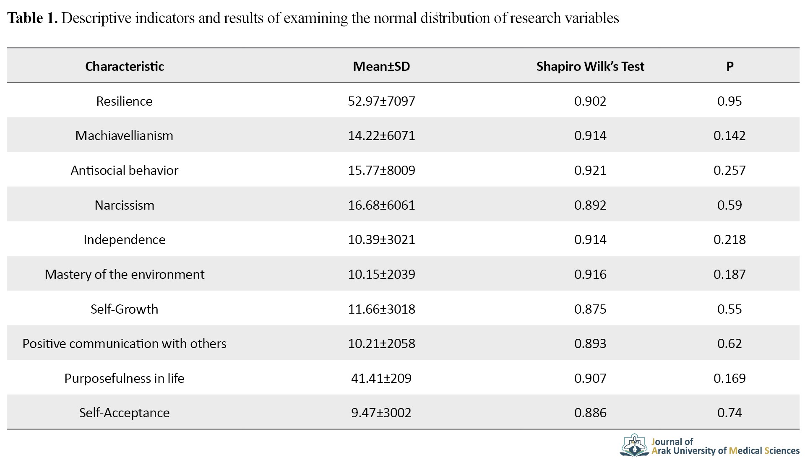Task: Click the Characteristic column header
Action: [x=124, y=66]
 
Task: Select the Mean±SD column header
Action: [x=381, y=66]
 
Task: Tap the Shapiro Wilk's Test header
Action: [x=590, y=66]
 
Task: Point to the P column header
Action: [x=730, y=66]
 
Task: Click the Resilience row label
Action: [x=124, y=101]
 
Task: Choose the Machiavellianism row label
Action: [x=124, y=135]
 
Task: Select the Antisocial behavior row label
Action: [x=124, y=170]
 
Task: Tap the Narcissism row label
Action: [x=124, y=205]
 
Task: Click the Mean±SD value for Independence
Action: [x=381, y=239]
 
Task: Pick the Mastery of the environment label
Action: [x=124, y=274]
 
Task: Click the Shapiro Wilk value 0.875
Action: [x=590, y=309]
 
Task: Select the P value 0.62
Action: [x=729, y=343]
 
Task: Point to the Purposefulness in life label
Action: [x=124, y=378]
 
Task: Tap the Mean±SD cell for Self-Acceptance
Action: [x=381, y=413]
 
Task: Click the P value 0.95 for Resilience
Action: [x=729, y=101]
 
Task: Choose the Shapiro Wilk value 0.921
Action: [x=590, y=170]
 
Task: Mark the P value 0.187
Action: [x=729, y=274]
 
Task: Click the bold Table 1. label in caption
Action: [x=32, y=18]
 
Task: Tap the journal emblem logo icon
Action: [x=635, y=445]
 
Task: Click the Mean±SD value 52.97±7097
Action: [x=381, y=101]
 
